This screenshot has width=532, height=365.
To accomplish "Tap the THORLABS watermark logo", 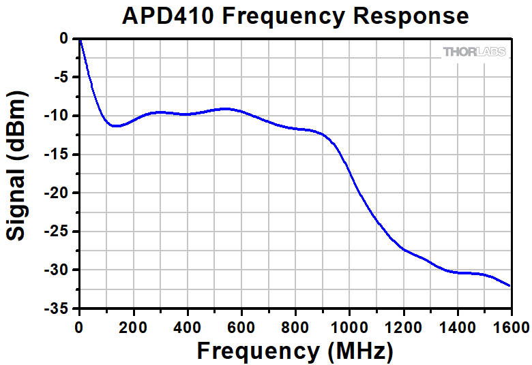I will click(474, 52).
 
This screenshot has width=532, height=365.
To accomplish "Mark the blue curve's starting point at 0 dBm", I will click(80, 39).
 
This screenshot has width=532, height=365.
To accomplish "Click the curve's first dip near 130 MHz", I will click(115, 126).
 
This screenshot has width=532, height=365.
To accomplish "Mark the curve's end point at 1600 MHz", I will click(509, 286).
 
